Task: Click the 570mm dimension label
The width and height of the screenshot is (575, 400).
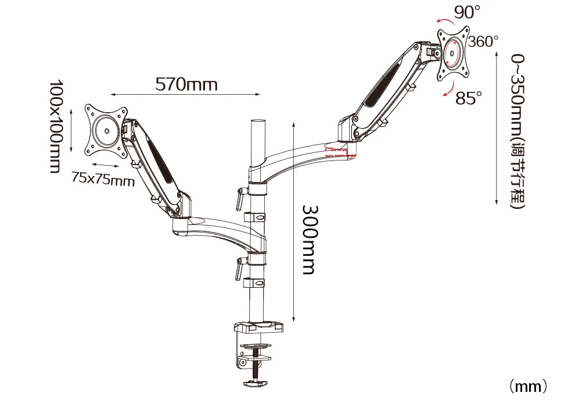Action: point(186,84)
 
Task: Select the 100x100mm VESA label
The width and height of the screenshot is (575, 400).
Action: point(55,126)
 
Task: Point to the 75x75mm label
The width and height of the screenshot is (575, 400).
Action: point(103,179)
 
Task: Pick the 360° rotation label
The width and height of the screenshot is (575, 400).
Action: point(483,41)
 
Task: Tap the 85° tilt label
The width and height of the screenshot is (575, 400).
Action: point(469,98)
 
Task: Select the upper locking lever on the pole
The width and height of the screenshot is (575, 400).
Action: point(239,198)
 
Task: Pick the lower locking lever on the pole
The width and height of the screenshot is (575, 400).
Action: point(239,269)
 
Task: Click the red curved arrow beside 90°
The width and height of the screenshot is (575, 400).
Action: point(444,20)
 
